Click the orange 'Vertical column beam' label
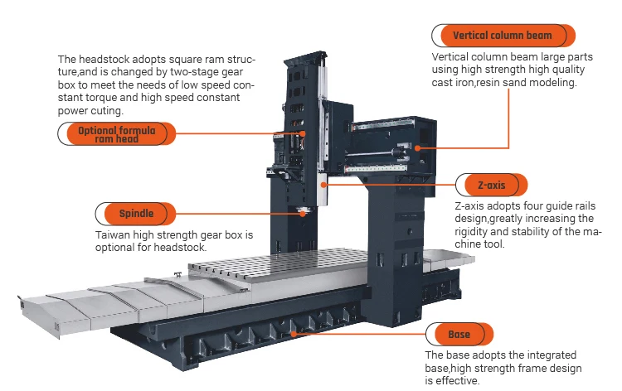point(502,36)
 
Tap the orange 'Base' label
point(459,335)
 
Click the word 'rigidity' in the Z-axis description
point(473,232)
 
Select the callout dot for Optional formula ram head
point(304,133)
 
